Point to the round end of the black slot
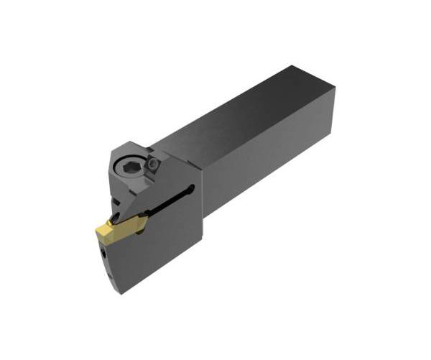pos(190,190)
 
